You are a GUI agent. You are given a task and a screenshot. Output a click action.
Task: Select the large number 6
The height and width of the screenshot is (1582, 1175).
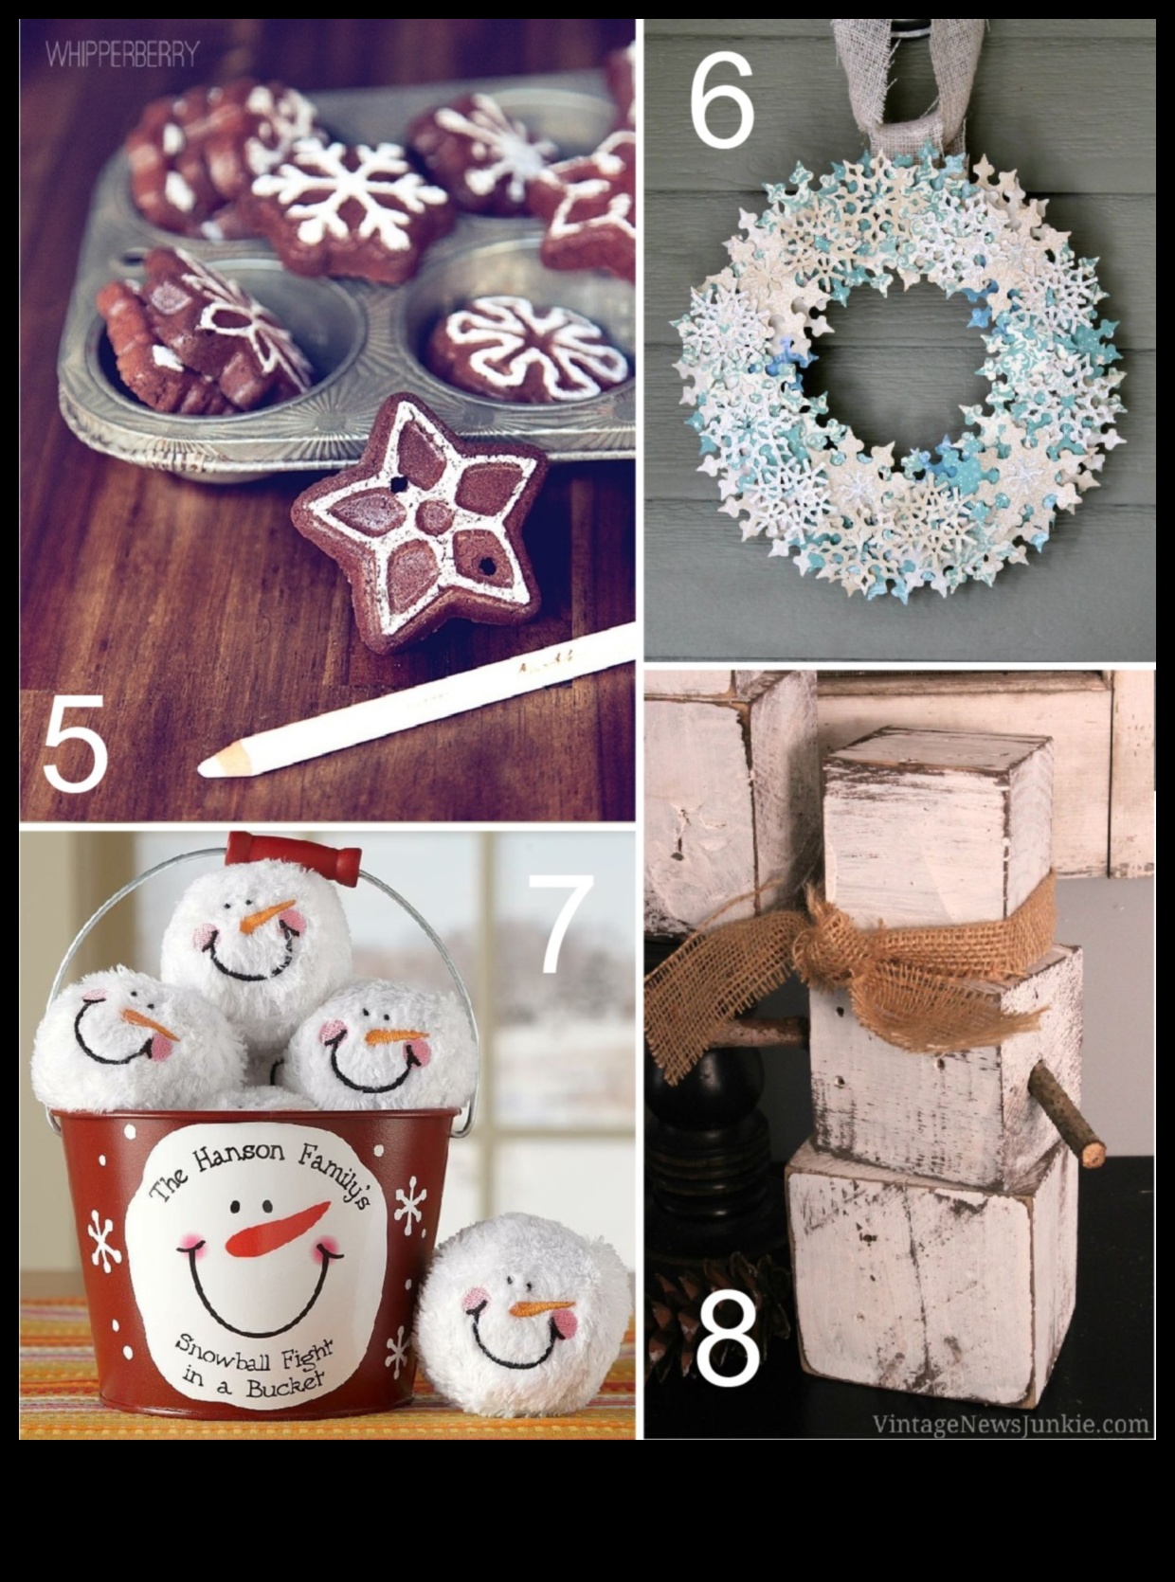[x=721, y=100]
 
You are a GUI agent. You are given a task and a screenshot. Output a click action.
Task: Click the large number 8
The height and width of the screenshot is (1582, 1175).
[x=728, y=1339]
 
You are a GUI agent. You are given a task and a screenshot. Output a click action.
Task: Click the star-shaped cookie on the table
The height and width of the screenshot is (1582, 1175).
[x=420, y=521]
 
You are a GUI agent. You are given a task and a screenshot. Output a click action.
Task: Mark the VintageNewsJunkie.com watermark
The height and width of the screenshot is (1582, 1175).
[x=1010, y=1424]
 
